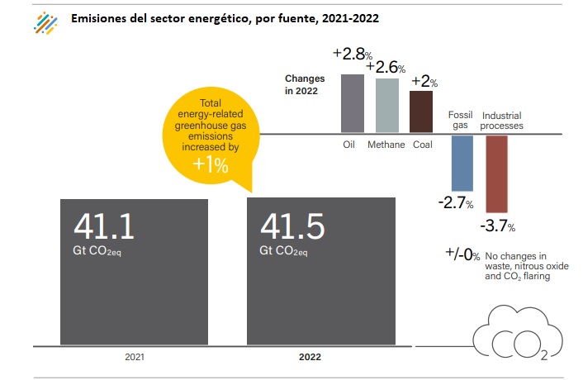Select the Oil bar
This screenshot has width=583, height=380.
(x=352, y=102)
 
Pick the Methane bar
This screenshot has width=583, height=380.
(x=386, y=105)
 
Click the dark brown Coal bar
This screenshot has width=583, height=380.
(x=420, y=112)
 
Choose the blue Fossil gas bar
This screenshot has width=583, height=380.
(x=462, y=163)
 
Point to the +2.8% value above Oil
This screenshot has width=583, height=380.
(x=351, y=55)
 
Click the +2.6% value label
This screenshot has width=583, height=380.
(x=386, y=67)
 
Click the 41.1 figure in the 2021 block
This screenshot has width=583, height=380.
(x=104, y=225)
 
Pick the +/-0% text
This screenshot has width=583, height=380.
(x=462, y=255)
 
